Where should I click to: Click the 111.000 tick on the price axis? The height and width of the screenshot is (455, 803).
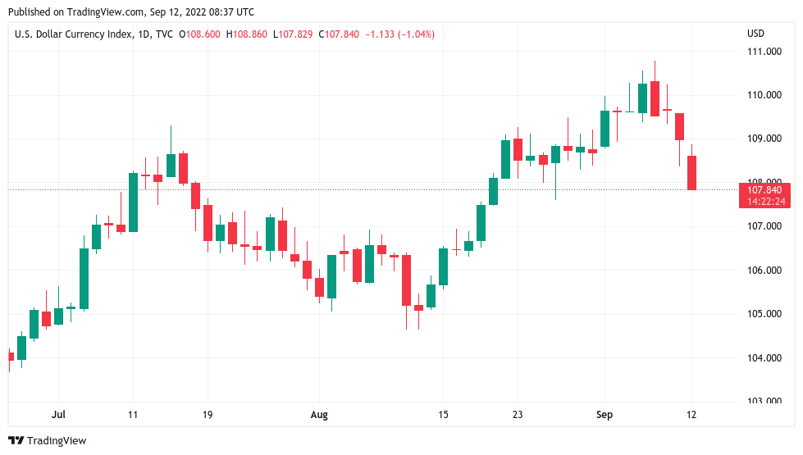click(762, 52)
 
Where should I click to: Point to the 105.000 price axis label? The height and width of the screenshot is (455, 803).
click(762, 314)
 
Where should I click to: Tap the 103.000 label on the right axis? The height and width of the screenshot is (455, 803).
click(762, 401)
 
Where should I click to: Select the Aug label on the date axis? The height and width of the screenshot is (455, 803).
click(319, 415)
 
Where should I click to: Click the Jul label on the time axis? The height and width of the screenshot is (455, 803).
click(58, 415)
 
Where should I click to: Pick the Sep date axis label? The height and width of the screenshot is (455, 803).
click(605, 415)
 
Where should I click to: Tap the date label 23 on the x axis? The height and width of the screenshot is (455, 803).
click(518, 415)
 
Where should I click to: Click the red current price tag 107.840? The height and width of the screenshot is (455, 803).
click(764, 190)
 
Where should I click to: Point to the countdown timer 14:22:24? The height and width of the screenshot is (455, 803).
click(764, 202)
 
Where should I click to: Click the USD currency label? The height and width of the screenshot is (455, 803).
click(755, 34)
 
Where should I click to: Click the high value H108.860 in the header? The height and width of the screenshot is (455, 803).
click(249, 34)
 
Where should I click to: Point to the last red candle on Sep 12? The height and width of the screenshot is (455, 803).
click(691, 172)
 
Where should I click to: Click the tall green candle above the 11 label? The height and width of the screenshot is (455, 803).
click(133, 202)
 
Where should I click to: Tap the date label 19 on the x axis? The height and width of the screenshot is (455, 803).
click(207, 415)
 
